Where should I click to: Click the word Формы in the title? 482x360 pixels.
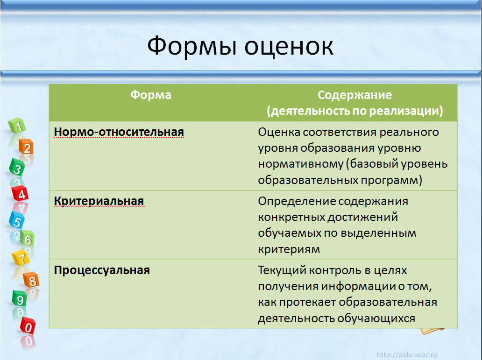[192, 46]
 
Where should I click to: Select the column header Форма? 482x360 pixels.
[150, 95]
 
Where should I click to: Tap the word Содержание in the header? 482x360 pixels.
[355, 95]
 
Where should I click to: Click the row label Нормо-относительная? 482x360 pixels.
[119, 132]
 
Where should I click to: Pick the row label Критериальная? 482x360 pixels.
[99, 201]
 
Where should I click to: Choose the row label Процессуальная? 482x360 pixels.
[102, 270]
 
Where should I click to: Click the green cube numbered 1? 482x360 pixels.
[17, 126]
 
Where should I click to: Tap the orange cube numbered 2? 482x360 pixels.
[27, 147]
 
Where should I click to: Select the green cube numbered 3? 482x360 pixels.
[17, 168]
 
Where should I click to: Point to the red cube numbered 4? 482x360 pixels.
[20, 193]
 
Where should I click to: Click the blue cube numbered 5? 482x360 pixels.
[17, 220]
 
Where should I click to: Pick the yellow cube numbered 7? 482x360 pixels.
[21, 258]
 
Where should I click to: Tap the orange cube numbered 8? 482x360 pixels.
[31, 280]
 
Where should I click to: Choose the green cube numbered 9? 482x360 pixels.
[20, 298]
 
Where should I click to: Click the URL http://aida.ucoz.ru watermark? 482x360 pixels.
[407, 355]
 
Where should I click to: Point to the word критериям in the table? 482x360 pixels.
[289, 249]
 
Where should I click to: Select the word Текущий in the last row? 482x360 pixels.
[281, 270]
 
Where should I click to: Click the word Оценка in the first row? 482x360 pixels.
[279, 132]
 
